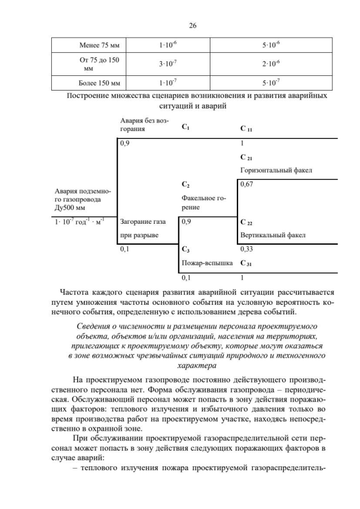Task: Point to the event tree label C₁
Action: coord(186,128)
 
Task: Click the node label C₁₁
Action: coord(246,129)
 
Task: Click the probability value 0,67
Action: coord(246,184)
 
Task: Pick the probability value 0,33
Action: coord(246,249)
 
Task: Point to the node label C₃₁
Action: coord(246,263)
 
